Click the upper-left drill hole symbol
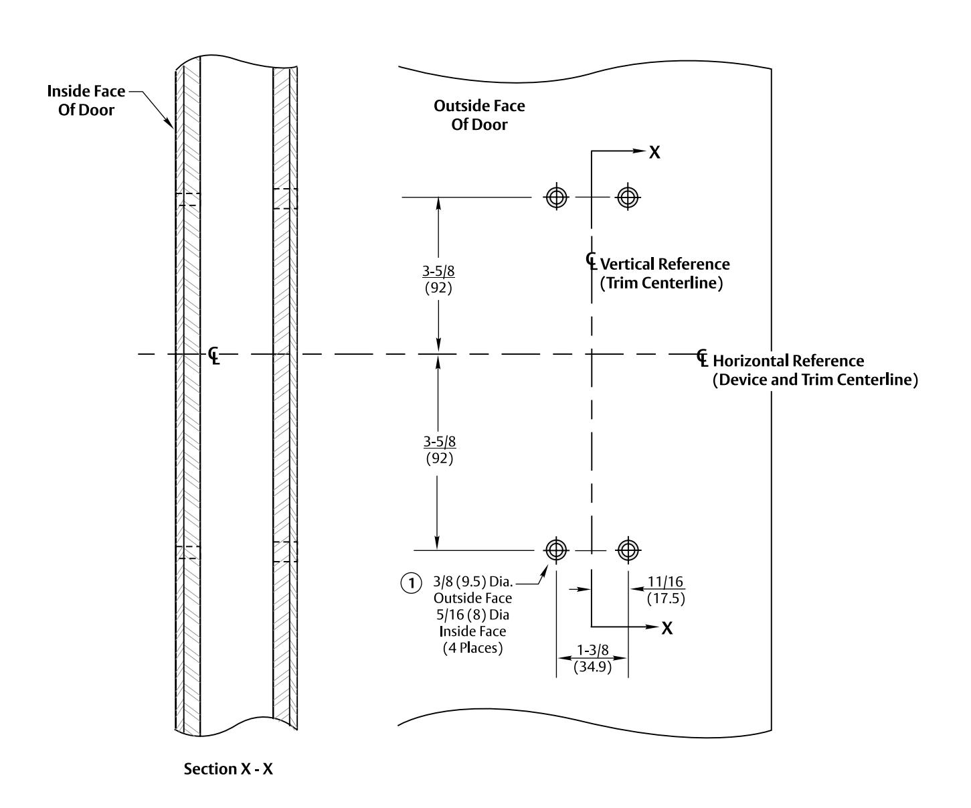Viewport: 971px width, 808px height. tap(556, 197)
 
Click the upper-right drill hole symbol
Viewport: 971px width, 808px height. tap(628, 197)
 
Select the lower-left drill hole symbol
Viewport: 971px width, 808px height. tap(556, 550)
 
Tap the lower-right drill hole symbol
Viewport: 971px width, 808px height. tap(628, 550)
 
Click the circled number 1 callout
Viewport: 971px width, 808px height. tap(411, 583)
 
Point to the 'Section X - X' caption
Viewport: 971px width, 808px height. tap(228, 769)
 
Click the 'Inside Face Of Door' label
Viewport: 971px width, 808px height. tap(86, 100)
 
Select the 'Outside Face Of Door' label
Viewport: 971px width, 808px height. tap(479, 115)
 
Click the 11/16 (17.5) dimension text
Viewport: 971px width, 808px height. tap(666, 589)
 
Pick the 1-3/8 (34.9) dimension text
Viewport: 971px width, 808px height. tap(592, 658)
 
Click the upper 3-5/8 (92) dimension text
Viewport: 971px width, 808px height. tap(438, 279)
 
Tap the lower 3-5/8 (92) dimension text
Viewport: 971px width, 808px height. tap(440, 450)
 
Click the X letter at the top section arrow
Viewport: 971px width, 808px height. tap(654, 152)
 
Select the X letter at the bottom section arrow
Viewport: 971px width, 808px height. tap(667, 629)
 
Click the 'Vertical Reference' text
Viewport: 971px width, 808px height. tap(665, 264)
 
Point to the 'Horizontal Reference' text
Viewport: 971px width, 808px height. tap(788, 361)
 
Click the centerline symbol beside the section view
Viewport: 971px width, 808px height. tap(214, 355)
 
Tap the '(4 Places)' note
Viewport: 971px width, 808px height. tap(472, 648)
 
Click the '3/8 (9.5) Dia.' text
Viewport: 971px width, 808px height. tap(473, 582)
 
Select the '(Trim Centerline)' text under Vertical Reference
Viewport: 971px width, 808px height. tap(661, 282)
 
